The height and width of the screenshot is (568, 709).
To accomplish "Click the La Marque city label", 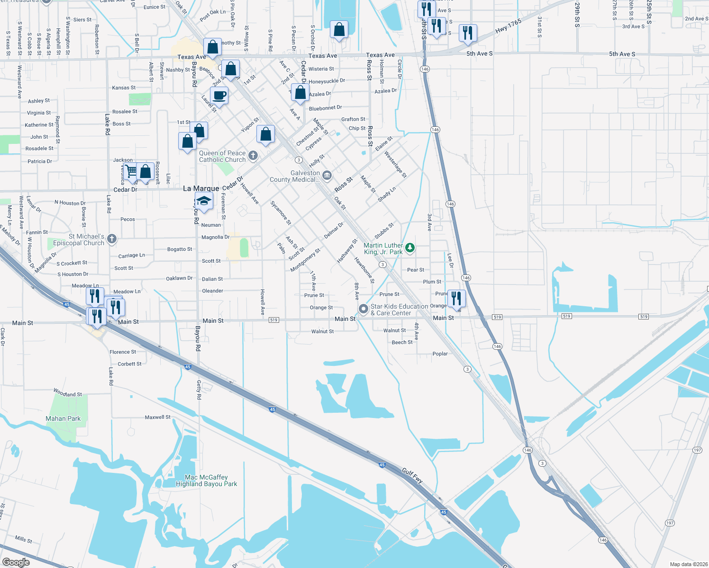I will pyautogui.click(x=201, y=188).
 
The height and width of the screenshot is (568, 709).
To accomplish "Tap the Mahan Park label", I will pyautogui.click(x=63, y=418).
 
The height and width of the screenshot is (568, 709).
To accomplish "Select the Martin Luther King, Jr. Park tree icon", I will pyautogui.click(x=410, y=248).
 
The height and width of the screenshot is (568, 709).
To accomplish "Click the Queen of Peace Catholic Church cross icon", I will pyautogui.click(x=253, y=155).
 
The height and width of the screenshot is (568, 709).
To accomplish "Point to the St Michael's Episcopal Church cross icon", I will pyautogui.click(x=112, y=239).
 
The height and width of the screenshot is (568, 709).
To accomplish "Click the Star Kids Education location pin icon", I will pyautogui.click(x=363, y=309).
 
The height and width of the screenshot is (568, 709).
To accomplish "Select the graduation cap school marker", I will pyautogui.click(x=204, y=201).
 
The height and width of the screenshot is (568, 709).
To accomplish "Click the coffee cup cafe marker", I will pyautogui.click(x=219, y=95).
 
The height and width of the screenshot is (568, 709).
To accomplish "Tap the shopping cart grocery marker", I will pyautogui.click(x=131, y=170).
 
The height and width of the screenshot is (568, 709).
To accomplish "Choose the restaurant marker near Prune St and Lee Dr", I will pyautogui.click(x=456, y=298).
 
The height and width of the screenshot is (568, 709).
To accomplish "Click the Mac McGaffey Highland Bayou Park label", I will pyautogui.click(x=206, y=480).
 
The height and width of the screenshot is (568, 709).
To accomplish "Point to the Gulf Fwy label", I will pyautogui.click(x=412, y=475).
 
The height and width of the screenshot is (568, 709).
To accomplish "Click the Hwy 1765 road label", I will pyautogui.click(x=508, y=26).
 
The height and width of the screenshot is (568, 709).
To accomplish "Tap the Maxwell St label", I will pyautogui.click(x=157, y=417).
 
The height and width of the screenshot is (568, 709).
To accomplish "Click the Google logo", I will pyautogui.click(x=16, y=562).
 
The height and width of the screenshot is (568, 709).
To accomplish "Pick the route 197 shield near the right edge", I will pyautogui.click(x=697, y=450).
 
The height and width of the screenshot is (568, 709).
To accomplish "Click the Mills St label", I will pyautogui.click(x=23, y=539).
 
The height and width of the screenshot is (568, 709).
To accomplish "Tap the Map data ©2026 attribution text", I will pyautogui.click(x=688, y=564).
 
